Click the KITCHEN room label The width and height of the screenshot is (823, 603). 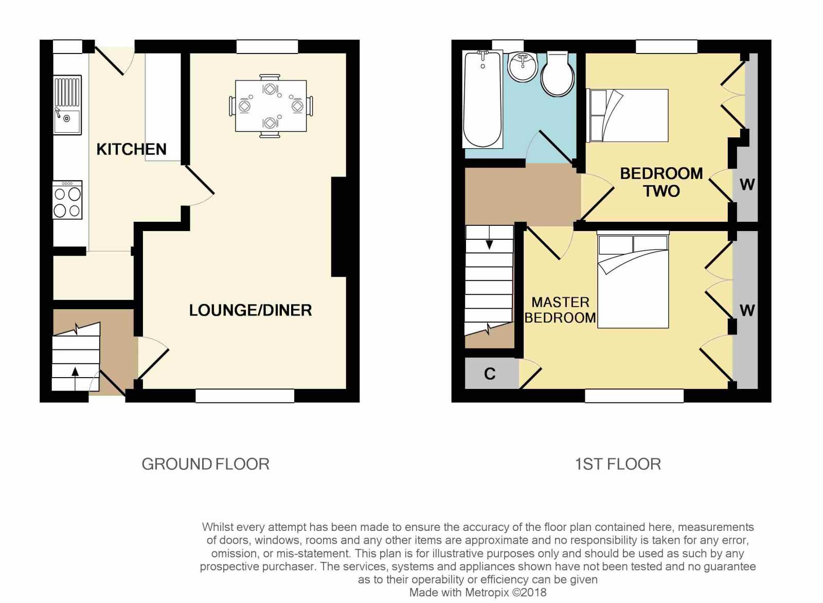(131, 150)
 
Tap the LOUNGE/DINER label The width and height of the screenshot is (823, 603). (251, 310)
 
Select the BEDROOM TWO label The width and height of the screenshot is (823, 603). (661, 182)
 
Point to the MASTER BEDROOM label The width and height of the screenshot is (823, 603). (560, 310)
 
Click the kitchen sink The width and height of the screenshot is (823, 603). (67, 105)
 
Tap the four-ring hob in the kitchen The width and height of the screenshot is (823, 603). (67, 200)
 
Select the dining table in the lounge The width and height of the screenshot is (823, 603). (271, 106)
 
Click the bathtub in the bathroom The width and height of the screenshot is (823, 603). (483, 99)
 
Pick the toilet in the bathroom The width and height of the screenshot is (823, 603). (558, 74)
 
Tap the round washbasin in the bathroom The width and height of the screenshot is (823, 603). (523, 66)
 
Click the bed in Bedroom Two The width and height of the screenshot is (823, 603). (628, 115)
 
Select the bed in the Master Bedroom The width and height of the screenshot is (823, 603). (633, 280)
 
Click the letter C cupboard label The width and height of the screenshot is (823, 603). (490, 374)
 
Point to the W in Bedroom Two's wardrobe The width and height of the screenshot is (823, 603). (747, 185)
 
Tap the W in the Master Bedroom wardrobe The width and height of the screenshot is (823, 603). (747, 311)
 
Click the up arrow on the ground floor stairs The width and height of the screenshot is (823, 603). (75, 379)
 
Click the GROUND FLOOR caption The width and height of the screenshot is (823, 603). (205, 465)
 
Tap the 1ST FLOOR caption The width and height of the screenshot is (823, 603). (618, 465)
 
